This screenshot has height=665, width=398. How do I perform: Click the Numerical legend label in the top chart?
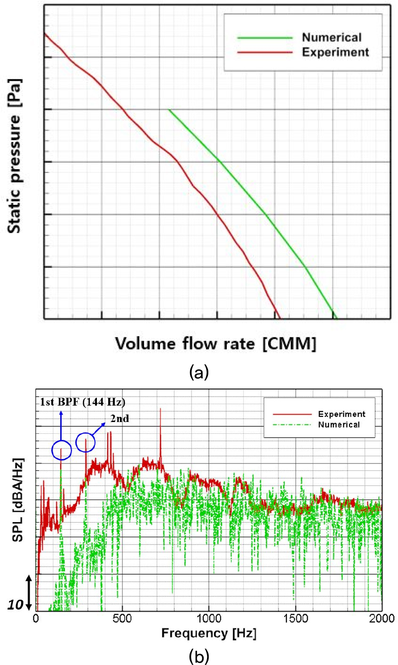(331, 38)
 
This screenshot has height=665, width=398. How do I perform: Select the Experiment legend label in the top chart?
(335, 52)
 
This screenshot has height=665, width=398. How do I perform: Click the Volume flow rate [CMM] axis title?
(216, 344)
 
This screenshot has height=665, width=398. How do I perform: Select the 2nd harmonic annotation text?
(119, 419)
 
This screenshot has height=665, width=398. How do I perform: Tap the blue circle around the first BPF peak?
(62, 450)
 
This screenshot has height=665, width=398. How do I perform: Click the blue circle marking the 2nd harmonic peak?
(86, 442)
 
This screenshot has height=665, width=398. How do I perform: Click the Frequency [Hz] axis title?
(209, 634)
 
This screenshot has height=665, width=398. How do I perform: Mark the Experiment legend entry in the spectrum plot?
(341, 414)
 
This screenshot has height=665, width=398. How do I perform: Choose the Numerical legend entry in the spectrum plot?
(339, 424)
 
